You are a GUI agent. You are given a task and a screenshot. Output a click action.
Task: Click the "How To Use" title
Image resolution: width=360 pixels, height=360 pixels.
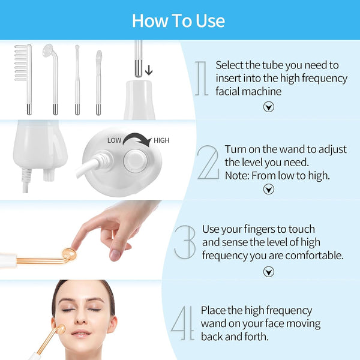[x=178, y=20]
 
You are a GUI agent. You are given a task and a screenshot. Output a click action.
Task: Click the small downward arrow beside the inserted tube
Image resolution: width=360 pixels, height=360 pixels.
[x=148, y=69]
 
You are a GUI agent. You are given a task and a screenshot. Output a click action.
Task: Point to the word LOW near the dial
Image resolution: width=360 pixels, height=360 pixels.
[x=115, y=140]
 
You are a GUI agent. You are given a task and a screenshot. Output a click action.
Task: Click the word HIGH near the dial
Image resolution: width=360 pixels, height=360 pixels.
[x=161, y=140]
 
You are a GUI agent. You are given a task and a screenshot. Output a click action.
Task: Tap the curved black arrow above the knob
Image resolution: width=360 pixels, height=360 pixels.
[x=138, y=142]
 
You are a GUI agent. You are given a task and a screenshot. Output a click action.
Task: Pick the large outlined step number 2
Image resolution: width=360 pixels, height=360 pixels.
[x=208, y=161]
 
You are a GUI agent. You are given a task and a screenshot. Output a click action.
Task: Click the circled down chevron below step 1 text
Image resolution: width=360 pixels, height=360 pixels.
[x=269, y=107]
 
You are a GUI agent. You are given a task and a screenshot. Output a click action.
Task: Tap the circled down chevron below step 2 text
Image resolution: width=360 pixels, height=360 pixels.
[x=269, y=190]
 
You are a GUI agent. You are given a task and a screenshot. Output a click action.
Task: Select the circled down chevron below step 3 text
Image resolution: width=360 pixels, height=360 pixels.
[x=269, y=271]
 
